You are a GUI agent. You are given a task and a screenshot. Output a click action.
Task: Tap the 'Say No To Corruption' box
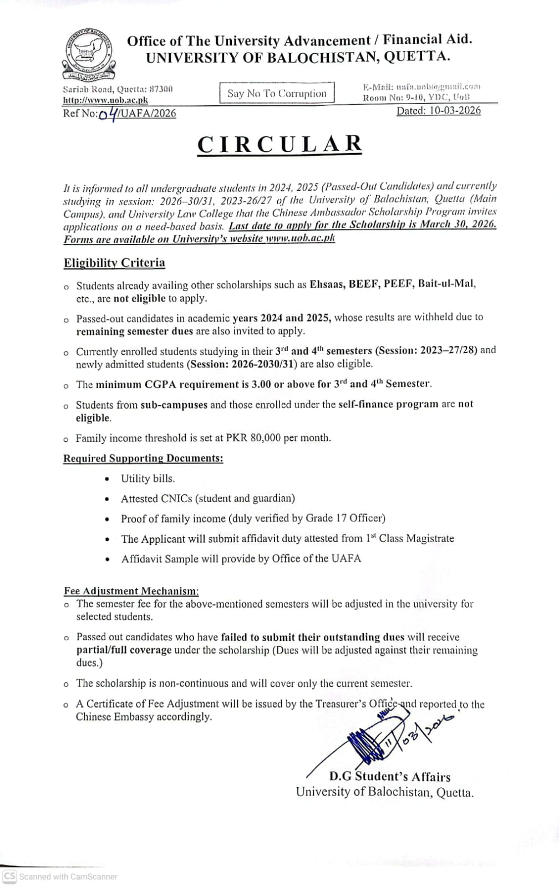coord(277,93)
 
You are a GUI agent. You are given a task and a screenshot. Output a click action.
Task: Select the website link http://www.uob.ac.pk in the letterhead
coord(105,100)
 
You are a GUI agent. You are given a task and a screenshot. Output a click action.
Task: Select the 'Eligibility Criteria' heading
coord(114,262)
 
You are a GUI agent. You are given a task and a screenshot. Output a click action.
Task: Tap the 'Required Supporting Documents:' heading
coord(143,458)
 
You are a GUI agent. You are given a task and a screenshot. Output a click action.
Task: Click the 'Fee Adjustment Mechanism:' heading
coord(131,590)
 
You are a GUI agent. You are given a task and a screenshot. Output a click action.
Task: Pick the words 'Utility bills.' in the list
coord(148,478)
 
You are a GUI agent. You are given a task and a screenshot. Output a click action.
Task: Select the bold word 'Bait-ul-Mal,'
coord(447,284)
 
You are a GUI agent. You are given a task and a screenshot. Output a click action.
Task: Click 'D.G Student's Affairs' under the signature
coord(389,777)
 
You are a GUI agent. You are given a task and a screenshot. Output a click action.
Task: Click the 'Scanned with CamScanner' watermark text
coord(68,876)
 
